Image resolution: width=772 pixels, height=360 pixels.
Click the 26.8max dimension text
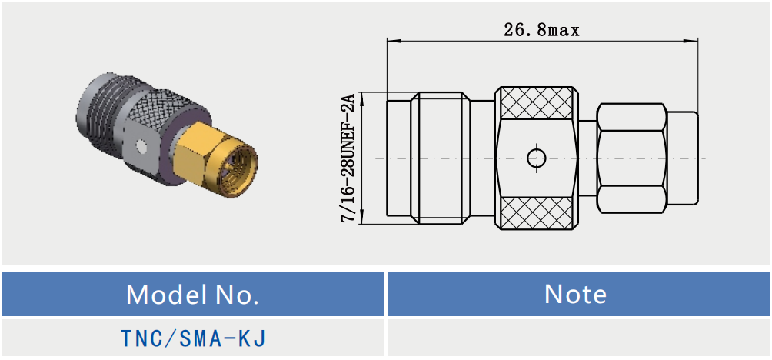tap(541, 30)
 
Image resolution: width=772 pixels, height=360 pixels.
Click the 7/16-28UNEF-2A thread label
tap(348, 158)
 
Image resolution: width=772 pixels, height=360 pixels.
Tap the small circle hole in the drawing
tap(536, 158)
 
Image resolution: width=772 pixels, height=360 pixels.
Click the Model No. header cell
tap(192, 294)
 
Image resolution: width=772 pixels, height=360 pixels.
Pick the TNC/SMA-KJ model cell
tap(192, 338)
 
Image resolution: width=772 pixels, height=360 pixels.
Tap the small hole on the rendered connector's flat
tap(141, 145)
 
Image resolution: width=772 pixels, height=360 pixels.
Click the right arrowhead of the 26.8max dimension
tap(694, 40)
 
